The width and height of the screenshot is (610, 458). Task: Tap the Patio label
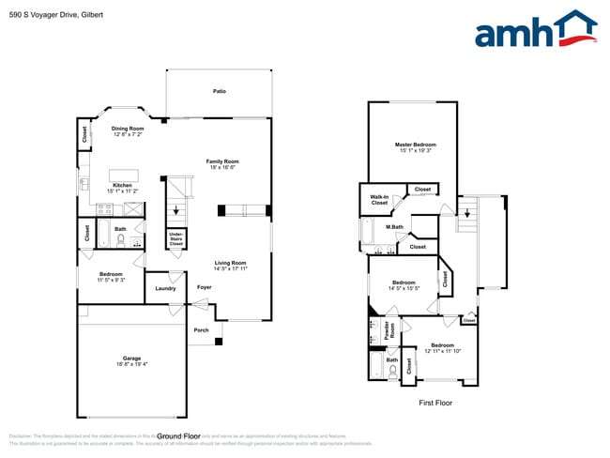tap(219, 91)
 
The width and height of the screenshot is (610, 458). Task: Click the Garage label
tap(132, 360)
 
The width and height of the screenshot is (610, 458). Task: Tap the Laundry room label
tap(166, 288)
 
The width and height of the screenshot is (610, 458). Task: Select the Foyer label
tap(204, 287)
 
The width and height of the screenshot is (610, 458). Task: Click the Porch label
tap(201, 330)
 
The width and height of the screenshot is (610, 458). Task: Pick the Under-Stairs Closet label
tap(175, 239)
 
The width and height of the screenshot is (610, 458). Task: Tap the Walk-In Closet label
tap(379, 199)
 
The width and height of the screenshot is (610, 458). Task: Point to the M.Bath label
tap(394, 227)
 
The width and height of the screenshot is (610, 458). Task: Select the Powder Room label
tap(387, 331)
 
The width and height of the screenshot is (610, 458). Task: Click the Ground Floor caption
tap(179, 436)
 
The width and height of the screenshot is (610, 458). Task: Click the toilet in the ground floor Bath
tap(121, 239)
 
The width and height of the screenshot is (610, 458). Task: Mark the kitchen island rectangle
tap(124, 176)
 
